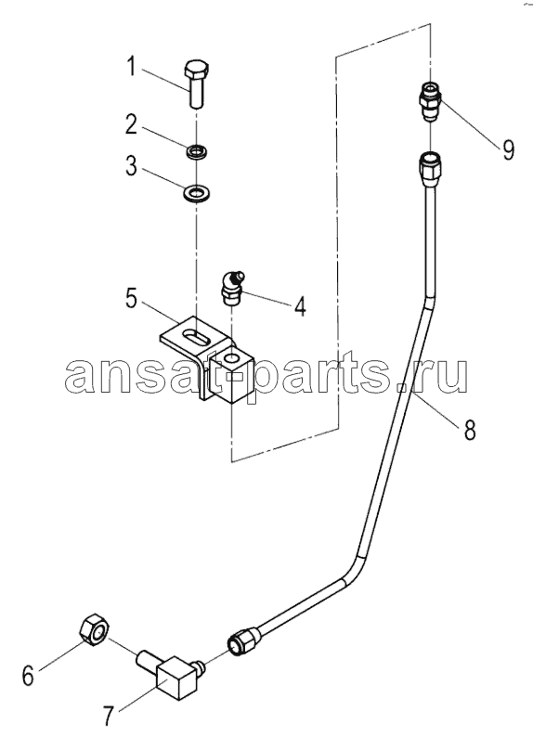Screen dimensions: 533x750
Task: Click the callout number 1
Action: coord(131,67)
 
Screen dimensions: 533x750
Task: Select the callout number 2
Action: coord(131,125)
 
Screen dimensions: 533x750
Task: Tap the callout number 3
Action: coord(131,166)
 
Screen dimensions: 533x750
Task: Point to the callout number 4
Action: coord(300,305)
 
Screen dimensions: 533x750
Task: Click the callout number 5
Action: coord(131,298)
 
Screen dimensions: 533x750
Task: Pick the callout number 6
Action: coord(28,676)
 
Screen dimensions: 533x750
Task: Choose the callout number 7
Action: coord(109,715)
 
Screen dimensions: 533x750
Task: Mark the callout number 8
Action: coord(471,429)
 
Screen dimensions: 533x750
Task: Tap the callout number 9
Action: coord(508,149)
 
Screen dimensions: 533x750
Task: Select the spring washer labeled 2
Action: coord(196,153)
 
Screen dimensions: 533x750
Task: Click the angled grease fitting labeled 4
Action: coord(232,289)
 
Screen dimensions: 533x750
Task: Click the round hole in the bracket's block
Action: coord(233,358)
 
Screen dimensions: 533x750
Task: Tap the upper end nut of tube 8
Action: coord(429,169)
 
